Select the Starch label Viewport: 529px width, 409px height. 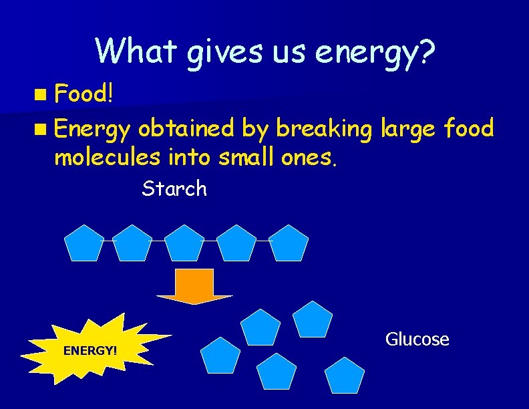click(174, 189)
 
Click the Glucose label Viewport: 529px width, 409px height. click(417, 339)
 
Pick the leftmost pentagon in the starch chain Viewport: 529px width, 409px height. click(84, 244)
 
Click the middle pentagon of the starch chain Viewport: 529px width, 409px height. click(184, 244)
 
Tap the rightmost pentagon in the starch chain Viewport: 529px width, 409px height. click(289, 244)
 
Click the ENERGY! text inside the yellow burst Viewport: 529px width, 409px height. click(90, 350)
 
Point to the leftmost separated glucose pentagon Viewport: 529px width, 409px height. click(220, 356)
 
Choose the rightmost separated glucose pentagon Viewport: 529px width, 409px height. click(345, 376)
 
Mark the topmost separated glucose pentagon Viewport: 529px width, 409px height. click(313, 320)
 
